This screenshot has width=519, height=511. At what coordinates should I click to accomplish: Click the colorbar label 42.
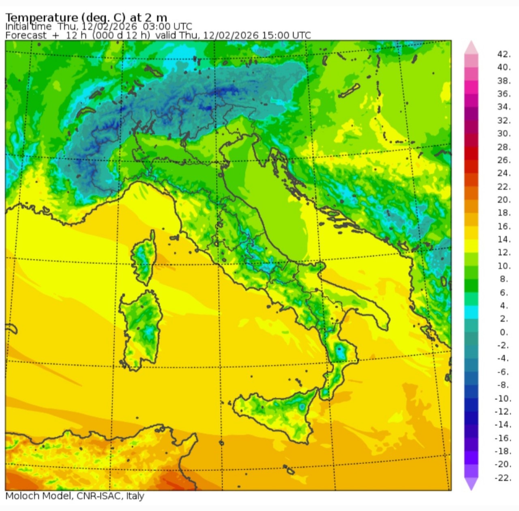tap(504, 54)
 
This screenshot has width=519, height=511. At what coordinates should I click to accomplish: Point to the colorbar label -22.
tap(503, 478)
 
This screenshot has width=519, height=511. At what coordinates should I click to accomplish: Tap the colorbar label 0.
tap(504, 332)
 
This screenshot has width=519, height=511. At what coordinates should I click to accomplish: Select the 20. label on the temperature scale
tap(504, 200)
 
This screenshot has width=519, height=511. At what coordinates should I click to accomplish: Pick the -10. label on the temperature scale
tap(503, 398)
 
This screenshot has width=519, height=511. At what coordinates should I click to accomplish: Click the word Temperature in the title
tap(41, 17)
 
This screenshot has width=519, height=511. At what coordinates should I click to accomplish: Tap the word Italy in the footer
tap(135, 496)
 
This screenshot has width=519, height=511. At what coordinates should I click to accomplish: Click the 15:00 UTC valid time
tap(286, 35)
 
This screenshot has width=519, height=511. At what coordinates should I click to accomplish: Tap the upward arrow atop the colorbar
tap(471, 47)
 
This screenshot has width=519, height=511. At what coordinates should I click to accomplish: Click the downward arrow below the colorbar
tap(471, 483)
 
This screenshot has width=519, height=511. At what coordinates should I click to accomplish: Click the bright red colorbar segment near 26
tap(471, 153)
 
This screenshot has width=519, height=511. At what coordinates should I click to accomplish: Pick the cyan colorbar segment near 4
tap(471, 312)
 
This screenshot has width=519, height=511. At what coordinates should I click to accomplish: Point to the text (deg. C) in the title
tap(103, 17)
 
